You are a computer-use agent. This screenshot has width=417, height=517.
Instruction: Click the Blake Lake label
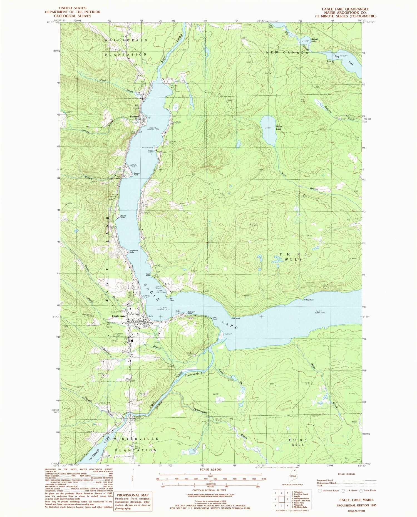[x=279, y=128]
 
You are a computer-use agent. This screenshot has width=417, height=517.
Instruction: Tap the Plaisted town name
[x=134, y=117]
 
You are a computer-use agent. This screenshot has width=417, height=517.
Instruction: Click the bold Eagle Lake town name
[x=119, y=316]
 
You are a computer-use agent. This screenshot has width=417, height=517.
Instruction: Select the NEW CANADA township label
[x=287, y=52]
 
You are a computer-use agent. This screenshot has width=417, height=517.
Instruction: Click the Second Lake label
[x=314, y=40]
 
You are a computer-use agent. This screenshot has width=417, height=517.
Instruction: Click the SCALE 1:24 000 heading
[x=210, y=469]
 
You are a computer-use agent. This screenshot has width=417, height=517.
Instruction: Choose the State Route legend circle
[x=361, y=490]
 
